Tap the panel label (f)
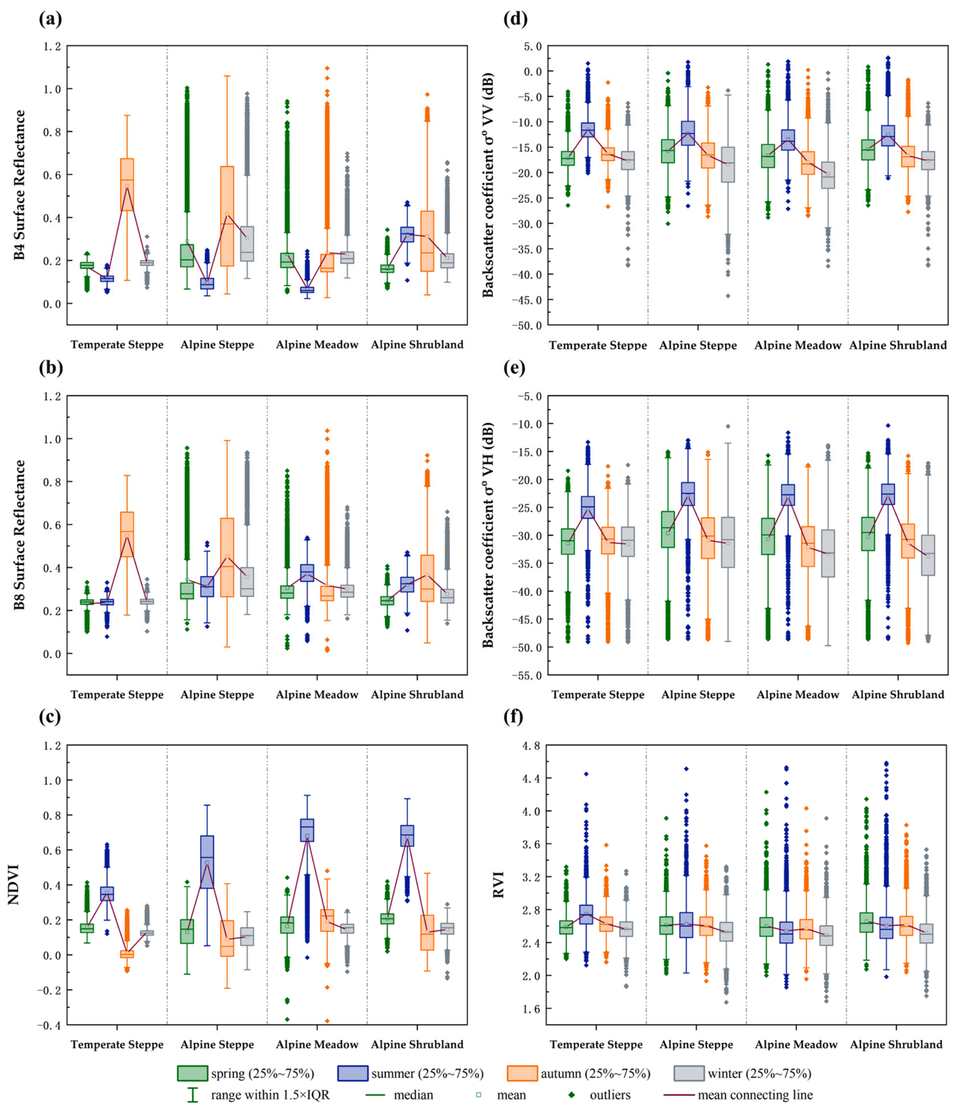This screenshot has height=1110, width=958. point(514,716)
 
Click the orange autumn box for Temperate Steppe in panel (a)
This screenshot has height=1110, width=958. point(127,184)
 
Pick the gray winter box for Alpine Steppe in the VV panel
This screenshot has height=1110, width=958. point(728,164)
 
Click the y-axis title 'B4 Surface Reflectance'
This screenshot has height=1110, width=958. point(20,185)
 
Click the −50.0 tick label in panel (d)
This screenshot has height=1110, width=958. point(528,325)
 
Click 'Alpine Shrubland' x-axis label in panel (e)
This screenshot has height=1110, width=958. point(898,695)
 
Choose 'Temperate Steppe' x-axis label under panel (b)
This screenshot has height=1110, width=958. point(117,695)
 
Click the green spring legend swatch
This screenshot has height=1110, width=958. point(192,1073)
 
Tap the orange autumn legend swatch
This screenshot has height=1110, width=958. point(522,1073)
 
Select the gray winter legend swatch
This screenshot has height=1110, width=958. point(689,1073)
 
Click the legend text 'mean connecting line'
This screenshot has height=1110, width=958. point(755,1095)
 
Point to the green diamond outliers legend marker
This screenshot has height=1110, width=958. point(572,1095)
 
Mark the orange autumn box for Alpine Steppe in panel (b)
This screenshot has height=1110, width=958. point(227,557)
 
